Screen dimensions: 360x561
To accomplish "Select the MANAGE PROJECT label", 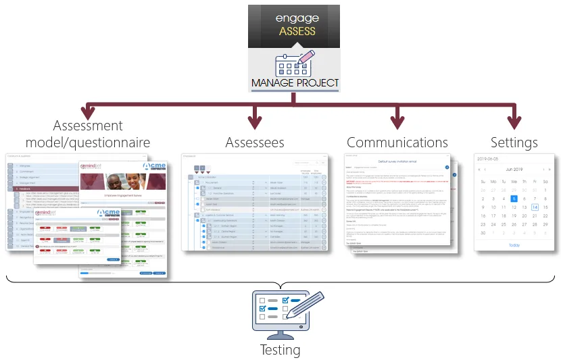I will pyautogui.click(x=295, y=83).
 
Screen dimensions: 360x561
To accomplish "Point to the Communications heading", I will pyautogui.click(x=397, y=143).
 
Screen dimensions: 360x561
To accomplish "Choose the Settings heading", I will pyautogui.click(x=515, y=143).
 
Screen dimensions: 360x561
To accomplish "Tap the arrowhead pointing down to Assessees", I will pyautogui.click(x=254, y=122).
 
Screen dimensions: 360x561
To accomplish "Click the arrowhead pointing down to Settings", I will pyautogui.click(x=515, y=122).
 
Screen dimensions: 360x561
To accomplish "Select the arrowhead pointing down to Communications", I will pyautogui.click(x=397, y=122).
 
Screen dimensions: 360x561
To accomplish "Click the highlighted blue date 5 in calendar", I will pyautogui.click(x=514, y=199).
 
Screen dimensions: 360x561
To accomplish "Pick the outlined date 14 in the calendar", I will pyautogui.click(x=534, y=207).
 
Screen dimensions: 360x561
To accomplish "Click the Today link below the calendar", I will pyautogui.click(x=514, y=245).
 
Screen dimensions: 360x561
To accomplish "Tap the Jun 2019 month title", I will pyautogui.click(x=514, y=170).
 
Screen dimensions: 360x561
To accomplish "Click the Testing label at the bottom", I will pyautogui.click(x=280, y=350).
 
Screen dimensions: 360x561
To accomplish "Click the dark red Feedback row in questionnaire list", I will pyautogui.click(x=27, y=189).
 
